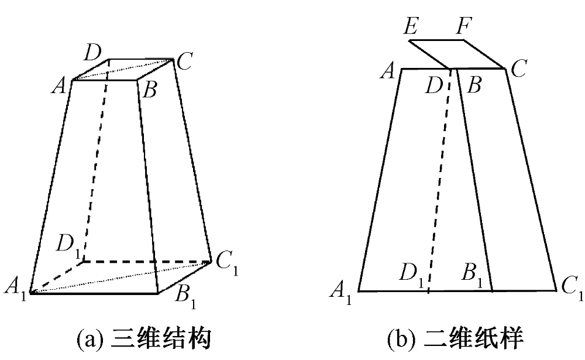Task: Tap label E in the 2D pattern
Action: (x=411, y=26)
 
